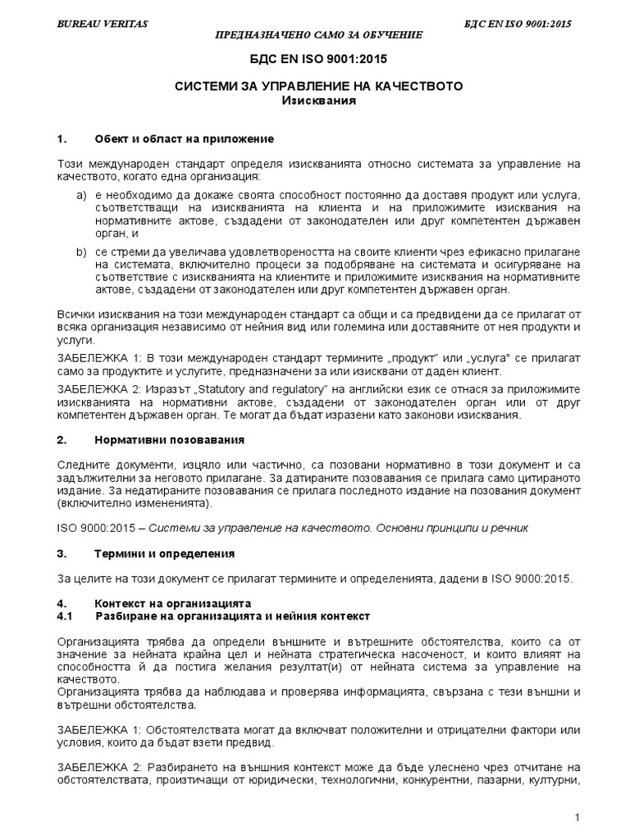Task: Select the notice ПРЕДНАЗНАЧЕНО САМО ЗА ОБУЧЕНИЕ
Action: click(318, 35)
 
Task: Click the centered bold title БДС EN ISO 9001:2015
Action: click(318, 60)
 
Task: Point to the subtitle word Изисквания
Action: click(318, 101)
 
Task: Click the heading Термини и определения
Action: click(165, 553)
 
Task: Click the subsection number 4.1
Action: click(66, 615)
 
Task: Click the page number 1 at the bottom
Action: click(577, 818)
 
